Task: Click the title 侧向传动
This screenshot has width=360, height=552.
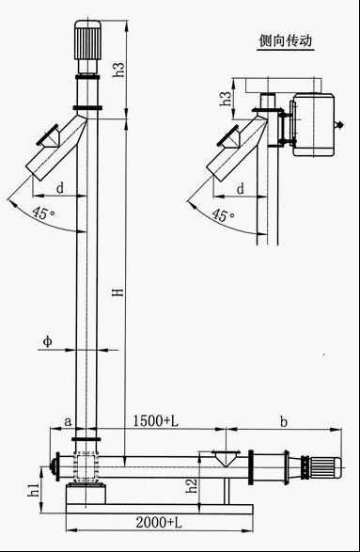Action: point(286,40)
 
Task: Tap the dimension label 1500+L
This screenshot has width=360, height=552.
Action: point(155,420)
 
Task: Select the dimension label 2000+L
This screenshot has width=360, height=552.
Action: point(159,523)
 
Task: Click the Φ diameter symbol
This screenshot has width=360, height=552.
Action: point(48,341)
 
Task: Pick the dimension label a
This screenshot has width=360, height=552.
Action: point(69,421)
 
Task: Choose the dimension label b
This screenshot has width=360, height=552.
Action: point(283,421)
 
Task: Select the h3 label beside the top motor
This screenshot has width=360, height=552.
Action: point(118,70)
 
